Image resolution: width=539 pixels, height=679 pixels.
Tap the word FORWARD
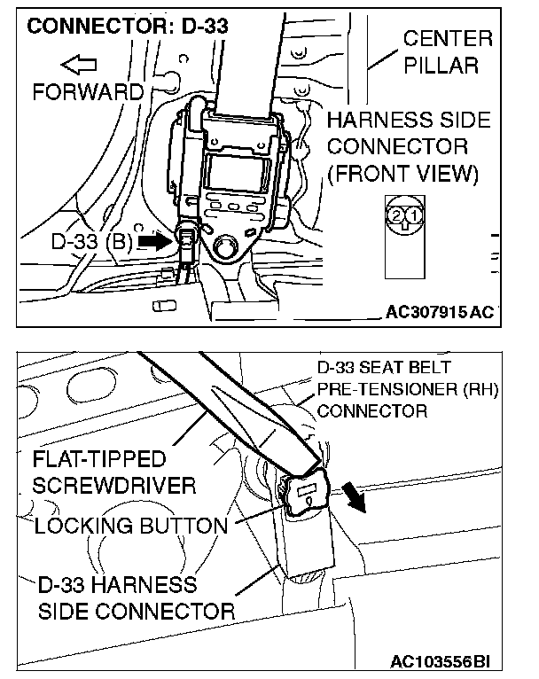pos(88,91)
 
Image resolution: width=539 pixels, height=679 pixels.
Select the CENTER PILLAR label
pos(448,51)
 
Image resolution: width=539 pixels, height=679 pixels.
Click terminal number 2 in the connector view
pos(395,215)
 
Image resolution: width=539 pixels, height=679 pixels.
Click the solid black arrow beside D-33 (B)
pos(155,242)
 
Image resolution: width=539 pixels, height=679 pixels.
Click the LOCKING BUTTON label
pos(130,525)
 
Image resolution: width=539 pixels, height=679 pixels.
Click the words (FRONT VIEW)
pos(402,173)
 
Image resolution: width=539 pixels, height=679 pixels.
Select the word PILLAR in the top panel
pos(448,65)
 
